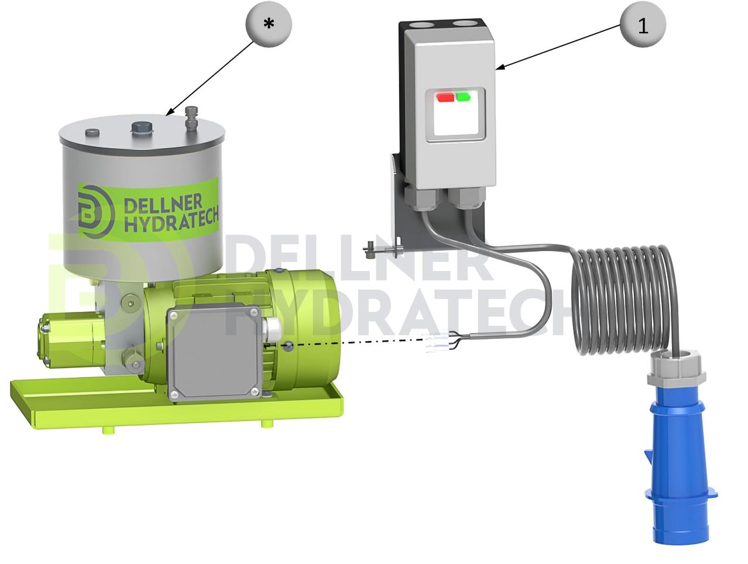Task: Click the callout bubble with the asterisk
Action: (269, 24)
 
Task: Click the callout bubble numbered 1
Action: (643, 25)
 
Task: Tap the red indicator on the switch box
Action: (445, 98)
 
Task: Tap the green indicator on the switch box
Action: (464, 97)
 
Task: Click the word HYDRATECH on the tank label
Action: (171, 221)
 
